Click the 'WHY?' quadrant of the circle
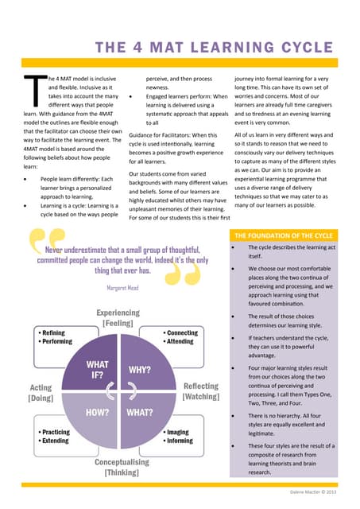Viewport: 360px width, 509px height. coord(140,370)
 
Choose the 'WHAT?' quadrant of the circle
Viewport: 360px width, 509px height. coord(139,413)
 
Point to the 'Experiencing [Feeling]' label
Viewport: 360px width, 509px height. coord(118,319)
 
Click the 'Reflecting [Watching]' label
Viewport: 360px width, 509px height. coord(200,391)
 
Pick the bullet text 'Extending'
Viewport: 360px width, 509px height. coord(56,441)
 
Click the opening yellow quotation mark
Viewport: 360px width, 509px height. coord(46,239)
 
